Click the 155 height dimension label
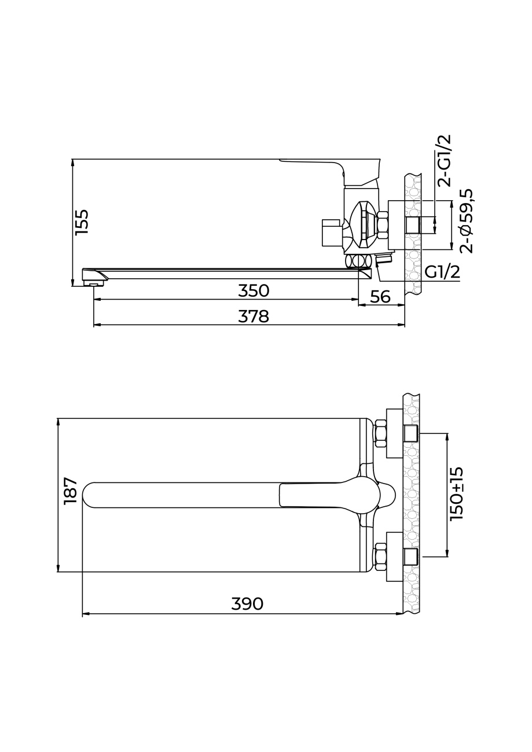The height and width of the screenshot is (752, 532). [83, 222]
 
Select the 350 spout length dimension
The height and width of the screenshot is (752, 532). [254, 291]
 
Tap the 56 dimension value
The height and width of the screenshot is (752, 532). [381, 296]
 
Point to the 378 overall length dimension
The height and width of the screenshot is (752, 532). [254, 316]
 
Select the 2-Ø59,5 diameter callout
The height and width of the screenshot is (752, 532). [466, 220]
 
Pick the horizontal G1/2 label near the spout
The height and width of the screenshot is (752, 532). [442, 272]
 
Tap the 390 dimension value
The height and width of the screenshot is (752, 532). [247, 604]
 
